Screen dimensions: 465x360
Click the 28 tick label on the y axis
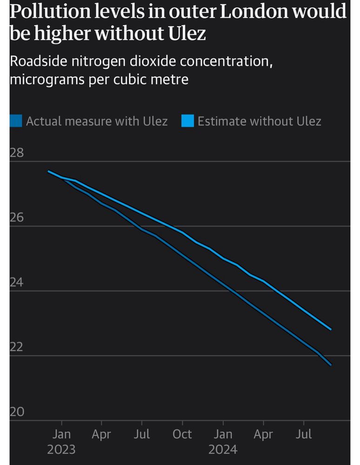[17, 153]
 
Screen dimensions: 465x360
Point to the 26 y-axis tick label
[17, 218]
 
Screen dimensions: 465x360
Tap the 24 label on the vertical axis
[17, 283]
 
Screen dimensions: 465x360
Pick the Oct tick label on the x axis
[182, 434]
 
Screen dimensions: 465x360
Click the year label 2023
[61, 450]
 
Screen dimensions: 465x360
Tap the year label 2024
[223, 450]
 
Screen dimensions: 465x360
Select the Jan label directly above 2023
[61, 434]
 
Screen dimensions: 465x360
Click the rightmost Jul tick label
[304, 434]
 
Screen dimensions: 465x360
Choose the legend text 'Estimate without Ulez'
[259, 121]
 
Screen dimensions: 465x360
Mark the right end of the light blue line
[331, 329]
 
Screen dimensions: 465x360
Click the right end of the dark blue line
[331, 365]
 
